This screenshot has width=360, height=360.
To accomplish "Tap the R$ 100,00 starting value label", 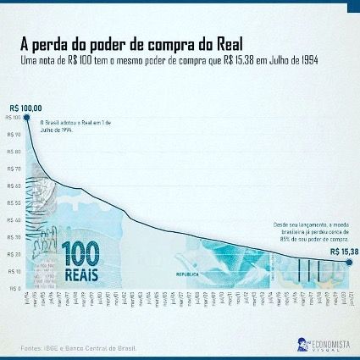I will coord(25,108).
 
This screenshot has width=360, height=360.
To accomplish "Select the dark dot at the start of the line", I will coord(26,117).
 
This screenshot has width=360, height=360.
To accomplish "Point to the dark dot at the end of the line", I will coord(347,262).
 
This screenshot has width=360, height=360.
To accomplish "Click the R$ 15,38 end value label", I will coord(344,252).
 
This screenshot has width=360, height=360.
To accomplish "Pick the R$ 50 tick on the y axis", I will coord(14,202).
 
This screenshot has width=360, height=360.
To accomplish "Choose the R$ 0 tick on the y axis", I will coord(14,288).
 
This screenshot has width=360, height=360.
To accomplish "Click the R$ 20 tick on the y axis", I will coord(14,254).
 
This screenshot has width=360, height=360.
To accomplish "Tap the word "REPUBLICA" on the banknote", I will coord(188,274).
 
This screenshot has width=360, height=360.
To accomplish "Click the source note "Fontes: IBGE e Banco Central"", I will coord(78,347).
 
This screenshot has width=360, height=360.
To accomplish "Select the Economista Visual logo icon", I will coord(302,344).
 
